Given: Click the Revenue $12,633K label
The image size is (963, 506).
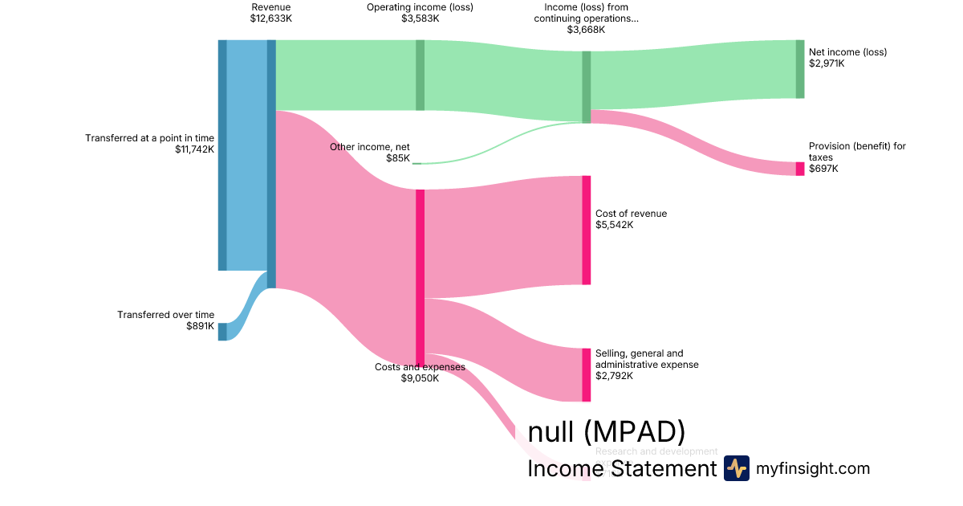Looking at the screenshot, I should click(x=270, y=12).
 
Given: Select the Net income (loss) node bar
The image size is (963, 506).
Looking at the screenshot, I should click(x=799, y=69).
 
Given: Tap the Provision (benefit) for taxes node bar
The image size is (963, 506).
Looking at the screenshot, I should click(x=799, y=169).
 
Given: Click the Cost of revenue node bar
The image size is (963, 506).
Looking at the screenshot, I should click(x=586, y=230).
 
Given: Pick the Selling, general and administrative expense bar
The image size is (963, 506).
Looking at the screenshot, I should click(x=586, y=374).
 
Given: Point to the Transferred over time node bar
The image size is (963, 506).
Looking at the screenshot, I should click(x=222, y=332).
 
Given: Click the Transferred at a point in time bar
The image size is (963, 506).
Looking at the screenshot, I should click(x=222, y=155).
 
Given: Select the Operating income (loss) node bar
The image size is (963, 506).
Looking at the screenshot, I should click(x=420, y=75).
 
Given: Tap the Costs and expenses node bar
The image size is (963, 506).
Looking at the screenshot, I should click(x=420, y=277).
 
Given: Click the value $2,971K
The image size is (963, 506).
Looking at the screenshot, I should click(x=827, y=63).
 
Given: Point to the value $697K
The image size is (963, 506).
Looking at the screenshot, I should click(x=823, y=169).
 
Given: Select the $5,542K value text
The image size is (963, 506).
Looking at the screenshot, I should click(x=614, y=225).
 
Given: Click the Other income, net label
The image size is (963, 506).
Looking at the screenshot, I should click(x=370, y=147).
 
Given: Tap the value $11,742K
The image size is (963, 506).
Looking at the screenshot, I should click(x=194, y=149).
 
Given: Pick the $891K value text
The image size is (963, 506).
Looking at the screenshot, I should click(x=201, y=326).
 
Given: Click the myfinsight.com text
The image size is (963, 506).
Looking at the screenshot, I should click(x=813, y=468).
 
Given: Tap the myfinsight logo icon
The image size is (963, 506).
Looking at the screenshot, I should click(x=736, y=468).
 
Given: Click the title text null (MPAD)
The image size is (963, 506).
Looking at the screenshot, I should click(x=607, y=432).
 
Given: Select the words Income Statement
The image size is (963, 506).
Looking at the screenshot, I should click(x=621, y=469).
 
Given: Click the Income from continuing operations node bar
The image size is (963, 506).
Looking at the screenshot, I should click(x=586, y=87).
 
